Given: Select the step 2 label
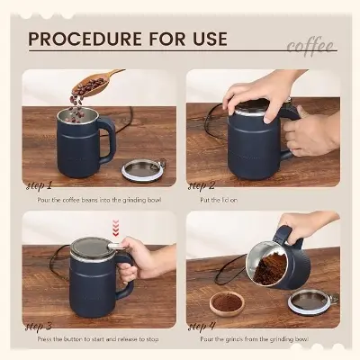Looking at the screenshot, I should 202,185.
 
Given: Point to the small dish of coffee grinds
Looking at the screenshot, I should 225,302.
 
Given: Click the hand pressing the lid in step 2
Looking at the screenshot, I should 256,90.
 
